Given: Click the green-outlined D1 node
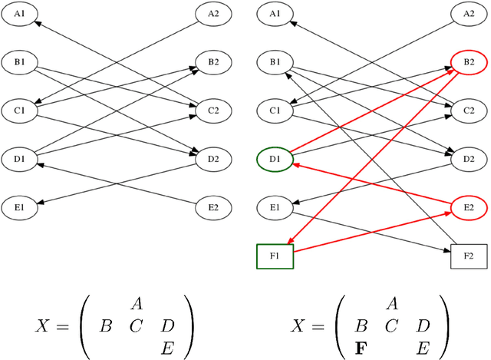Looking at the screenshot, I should point(274,160).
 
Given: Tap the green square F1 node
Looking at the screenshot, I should point(274,255).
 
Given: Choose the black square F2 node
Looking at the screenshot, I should point(469,255).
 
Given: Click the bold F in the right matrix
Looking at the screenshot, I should point(361,346).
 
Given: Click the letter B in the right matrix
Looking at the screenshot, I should point(362,325).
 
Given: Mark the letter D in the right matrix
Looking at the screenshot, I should point(423,325).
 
